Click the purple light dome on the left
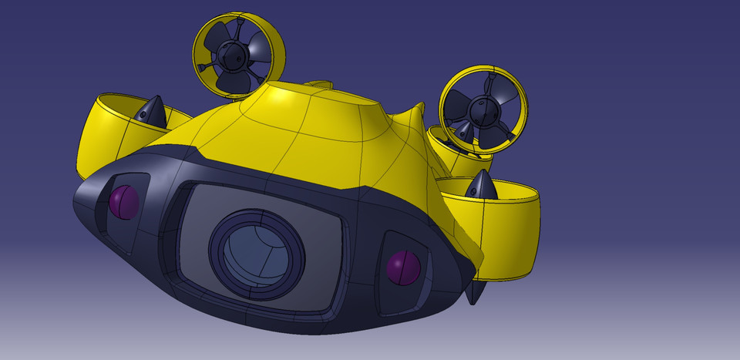pyautogui.click(x=123, y=202)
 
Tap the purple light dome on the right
pyautogui.click(x=403, y=267)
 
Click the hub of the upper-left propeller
pyautogui.click(x=230, y=55)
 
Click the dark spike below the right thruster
pyautogui.click(x=476, y=291)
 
